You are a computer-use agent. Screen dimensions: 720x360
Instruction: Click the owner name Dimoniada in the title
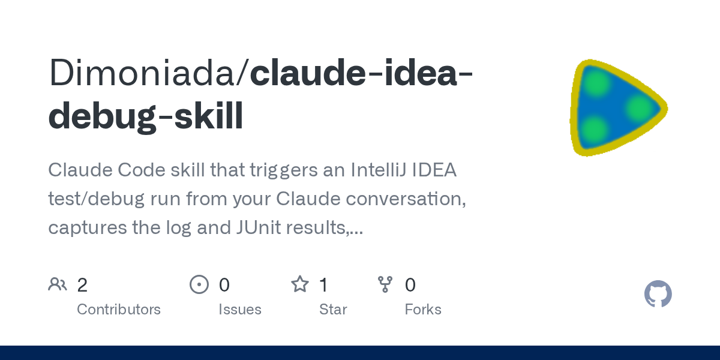142,73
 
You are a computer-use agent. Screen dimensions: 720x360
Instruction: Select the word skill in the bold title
209,115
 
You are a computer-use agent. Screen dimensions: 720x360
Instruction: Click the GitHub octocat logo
658,294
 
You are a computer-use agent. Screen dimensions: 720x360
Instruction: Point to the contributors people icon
58,284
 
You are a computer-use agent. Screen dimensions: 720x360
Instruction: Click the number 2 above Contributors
82,285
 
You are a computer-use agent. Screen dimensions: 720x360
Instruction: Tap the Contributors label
119,310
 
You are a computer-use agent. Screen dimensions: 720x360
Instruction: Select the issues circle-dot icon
199,284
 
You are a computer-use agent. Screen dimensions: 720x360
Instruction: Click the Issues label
240,310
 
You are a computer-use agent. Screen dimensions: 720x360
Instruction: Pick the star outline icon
300,284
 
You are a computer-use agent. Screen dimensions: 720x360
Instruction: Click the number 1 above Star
323,285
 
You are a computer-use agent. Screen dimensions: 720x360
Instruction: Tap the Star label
333,310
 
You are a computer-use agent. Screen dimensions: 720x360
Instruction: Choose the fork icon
385,284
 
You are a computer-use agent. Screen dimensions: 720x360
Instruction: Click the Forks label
423,310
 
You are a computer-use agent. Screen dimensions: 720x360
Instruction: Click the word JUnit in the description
258,227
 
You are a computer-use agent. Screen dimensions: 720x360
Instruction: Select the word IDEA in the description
434,170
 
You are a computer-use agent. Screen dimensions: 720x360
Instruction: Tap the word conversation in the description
406,199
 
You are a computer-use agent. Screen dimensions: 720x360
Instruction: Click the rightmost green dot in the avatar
640,109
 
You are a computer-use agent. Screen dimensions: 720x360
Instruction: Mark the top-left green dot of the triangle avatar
596,82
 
